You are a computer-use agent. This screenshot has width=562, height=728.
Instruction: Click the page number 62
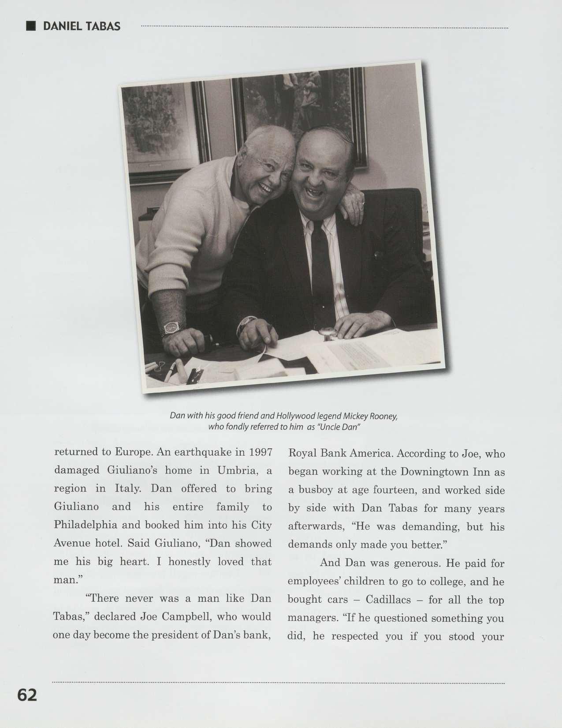(x=27, y=695)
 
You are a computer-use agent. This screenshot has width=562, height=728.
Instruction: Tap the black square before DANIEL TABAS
(x=31, y=26)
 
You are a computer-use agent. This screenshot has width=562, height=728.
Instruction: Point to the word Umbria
(x=237, y=470)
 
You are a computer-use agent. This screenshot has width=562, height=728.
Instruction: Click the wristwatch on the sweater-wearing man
(x=170, y=327)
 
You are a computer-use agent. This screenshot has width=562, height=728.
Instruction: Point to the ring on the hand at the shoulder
(x=362, y=204)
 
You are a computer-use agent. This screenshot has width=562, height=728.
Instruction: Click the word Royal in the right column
(x=301, y=454)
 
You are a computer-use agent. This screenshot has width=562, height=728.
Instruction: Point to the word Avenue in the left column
(x=71, y=543)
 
